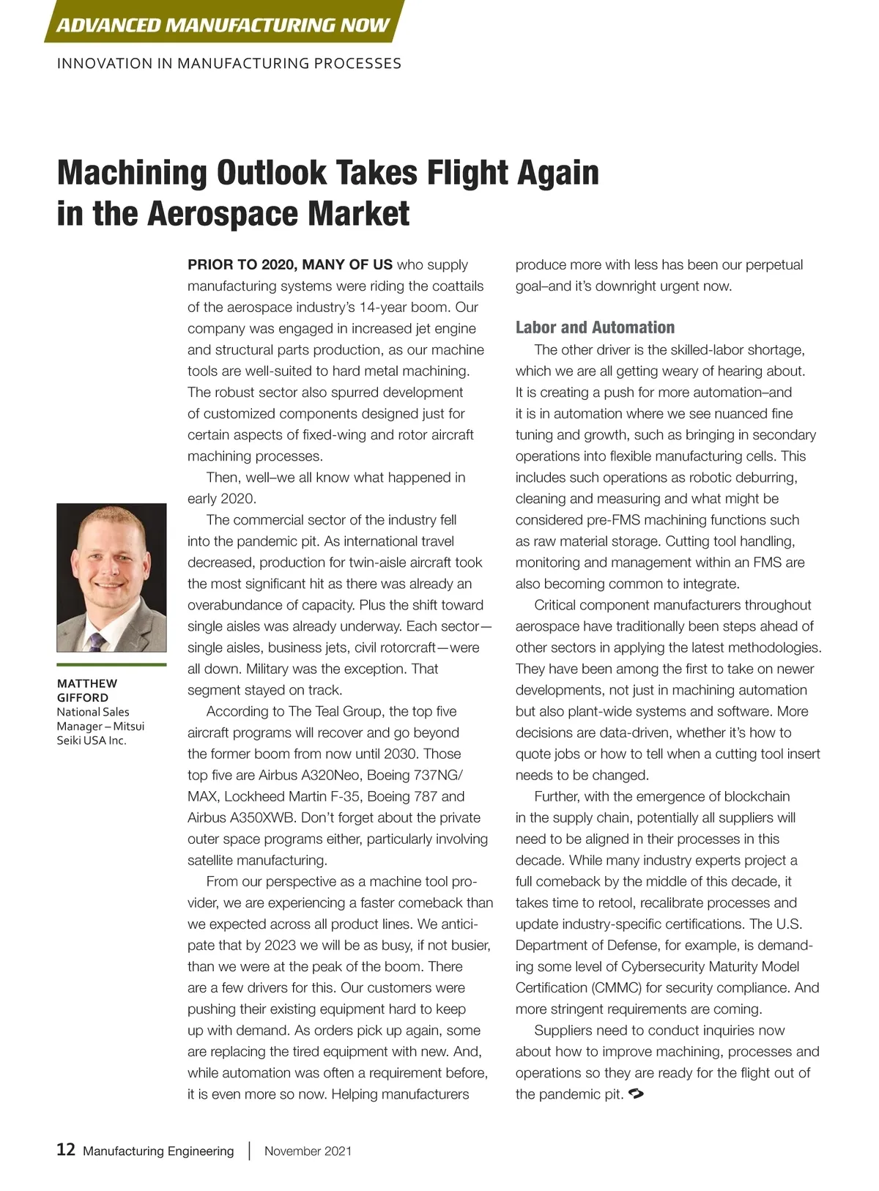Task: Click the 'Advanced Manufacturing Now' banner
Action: coord(223,25)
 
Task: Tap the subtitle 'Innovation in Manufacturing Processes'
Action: coord(229,64)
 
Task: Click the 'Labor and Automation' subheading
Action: coord(595,327)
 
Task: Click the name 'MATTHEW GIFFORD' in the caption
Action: coord(86,690)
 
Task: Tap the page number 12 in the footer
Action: coord(66,1149)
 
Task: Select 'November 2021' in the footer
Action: coord(308,1151)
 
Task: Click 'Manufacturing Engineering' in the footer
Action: coord(158,1151)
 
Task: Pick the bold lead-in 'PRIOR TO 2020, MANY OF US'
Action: coord(290,264)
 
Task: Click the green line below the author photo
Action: coord(111,664)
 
